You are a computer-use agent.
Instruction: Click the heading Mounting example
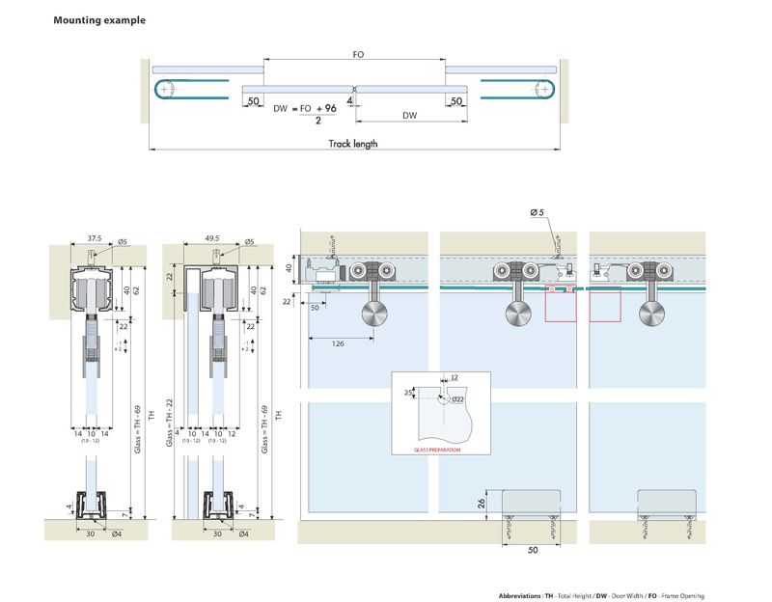coord(99,20)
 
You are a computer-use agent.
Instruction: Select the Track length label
coord(353,144)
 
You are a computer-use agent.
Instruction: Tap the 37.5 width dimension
coord(94,235)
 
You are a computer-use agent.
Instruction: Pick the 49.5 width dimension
coord(213,235)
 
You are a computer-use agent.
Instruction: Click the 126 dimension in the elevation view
coord(337,342)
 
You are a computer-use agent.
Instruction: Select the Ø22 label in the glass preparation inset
coord(457,398)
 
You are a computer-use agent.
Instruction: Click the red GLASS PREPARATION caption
coord(437,450)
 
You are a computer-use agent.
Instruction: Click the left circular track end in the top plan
coord(168,89)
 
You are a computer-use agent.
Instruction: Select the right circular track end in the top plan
coord(546,89)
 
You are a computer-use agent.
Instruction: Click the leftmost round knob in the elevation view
coord(372,314)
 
